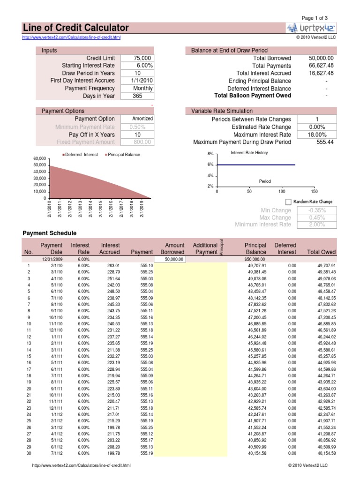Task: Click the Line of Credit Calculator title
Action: tap(75, 28)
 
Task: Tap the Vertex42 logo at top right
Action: tap(311, 28)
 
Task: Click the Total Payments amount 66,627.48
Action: tap(321, 66)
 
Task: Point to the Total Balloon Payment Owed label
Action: tap(252, 96)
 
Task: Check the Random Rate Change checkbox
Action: tap(288, 202)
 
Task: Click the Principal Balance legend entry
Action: tap(122, 155)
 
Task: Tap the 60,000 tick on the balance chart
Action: tap(39, 158)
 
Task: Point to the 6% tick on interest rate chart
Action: tap(210, 165)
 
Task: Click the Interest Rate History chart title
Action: tap(249, 153)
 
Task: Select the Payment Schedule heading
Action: tap(50, 233)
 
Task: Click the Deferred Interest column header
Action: tap(285, 248)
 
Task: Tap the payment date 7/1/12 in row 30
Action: tap(56, 453)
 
